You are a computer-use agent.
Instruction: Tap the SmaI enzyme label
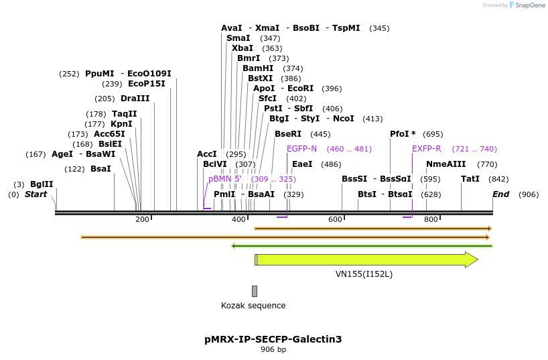coord(238,38)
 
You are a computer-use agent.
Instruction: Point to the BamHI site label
coord(258,68)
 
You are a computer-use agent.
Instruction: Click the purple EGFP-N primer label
coord(301,149)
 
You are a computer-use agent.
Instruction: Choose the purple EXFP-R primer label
coord(426,149)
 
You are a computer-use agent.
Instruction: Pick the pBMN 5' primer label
coord(224,179)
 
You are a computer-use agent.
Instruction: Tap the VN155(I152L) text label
coord(364,274)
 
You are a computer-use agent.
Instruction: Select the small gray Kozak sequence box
coord(255,291)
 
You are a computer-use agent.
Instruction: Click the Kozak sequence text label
coord(253,306)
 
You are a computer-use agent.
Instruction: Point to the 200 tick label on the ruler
coord(142,220)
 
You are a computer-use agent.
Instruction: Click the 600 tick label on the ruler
coord(335,220)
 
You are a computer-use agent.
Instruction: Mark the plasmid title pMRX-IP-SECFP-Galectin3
coord(273,339)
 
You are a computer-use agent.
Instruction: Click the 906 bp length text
coord(273,349)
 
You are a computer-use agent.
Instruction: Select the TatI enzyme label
coord(470,179)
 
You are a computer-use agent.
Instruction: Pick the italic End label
coord(501,194)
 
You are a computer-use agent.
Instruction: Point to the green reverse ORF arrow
coord(362,246)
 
